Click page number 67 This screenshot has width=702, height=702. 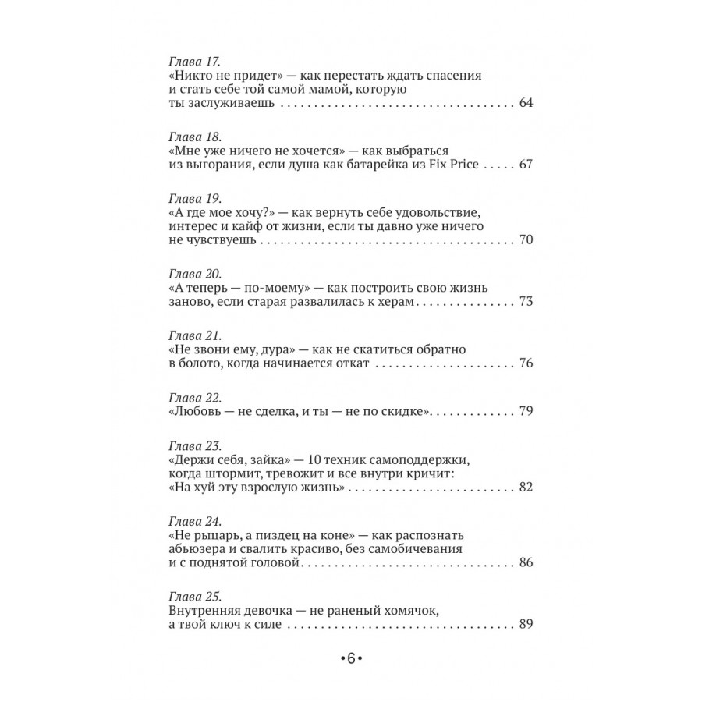pyautogui.click(x=524, y=165)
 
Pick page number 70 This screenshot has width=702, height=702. pyautogui.click(x=524, y=240)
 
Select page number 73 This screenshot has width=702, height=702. pyautogui.click(x=524, y=302)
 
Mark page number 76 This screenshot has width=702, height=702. pyautogui.click(x=524, y=363)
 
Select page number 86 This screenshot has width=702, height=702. pyautogui.click(x=524, y=562)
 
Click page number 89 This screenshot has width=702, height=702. pyautogui.click(x=524, y=623)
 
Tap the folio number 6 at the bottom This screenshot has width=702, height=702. pyautogui.click(x=351, y=658)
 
